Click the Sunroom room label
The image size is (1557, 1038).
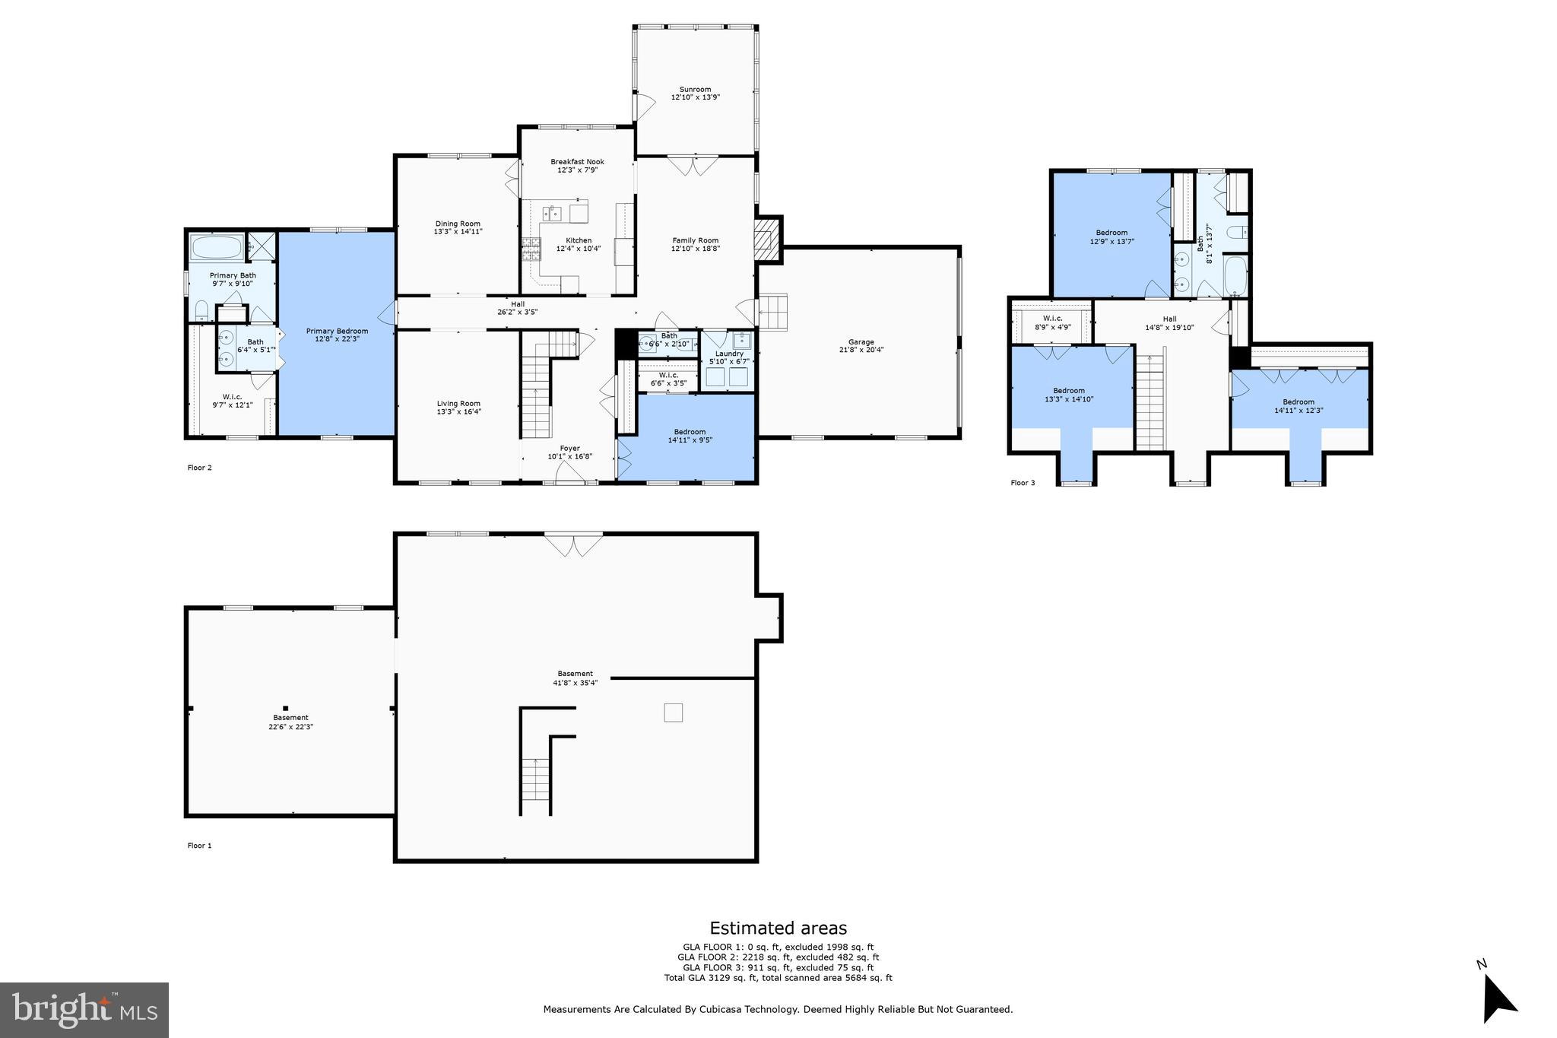tap(695, 90)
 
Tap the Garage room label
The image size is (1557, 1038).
tap(861, 342)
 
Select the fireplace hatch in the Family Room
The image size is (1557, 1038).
tap(767, 240)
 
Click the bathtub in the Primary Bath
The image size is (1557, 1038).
tap(217, 247)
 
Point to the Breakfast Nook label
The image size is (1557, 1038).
tap(577, 162)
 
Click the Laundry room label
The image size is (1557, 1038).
tap(729, 354)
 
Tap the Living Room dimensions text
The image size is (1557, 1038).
tap(458, 412)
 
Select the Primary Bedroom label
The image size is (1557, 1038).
tap(337, 331)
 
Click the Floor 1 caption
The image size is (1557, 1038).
tap(199, 846)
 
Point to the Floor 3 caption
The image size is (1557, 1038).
tap(1023, 483)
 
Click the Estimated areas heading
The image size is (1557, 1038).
tap(778, 928)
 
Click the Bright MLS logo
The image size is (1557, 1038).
tap(84, 1010)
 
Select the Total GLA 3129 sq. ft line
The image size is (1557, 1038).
tap(778, 978)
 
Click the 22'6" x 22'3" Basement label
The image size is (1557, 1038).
tap(290, 722)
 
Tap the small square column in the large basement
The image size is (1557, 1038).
tap(673, 713)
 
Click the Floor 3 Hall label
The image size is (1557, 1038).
tap(1169, 319)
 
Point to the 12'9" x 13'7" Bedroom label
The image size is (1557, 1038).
tap(1111, 233)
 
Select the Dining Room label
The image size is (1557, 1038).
tap(458, 224)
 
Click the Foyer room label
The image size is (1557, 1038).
tap(569, 449)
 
